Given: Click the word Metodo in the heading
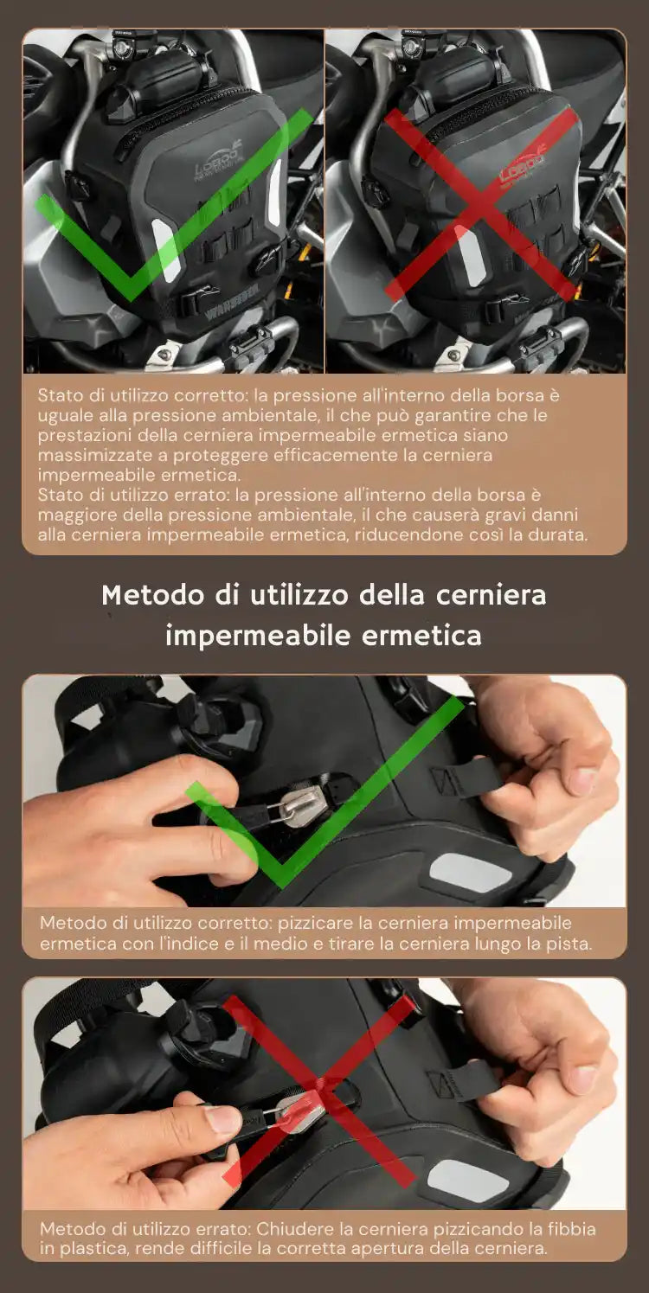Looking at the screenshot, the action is pos(153,595).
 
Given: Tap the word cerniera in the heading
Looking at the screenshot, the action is pos(491,595).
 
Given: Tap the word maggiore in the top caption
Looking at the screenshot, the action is pos(72,515).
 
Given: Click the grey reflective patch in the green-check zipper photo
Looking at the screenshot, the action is pos(471,874).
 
